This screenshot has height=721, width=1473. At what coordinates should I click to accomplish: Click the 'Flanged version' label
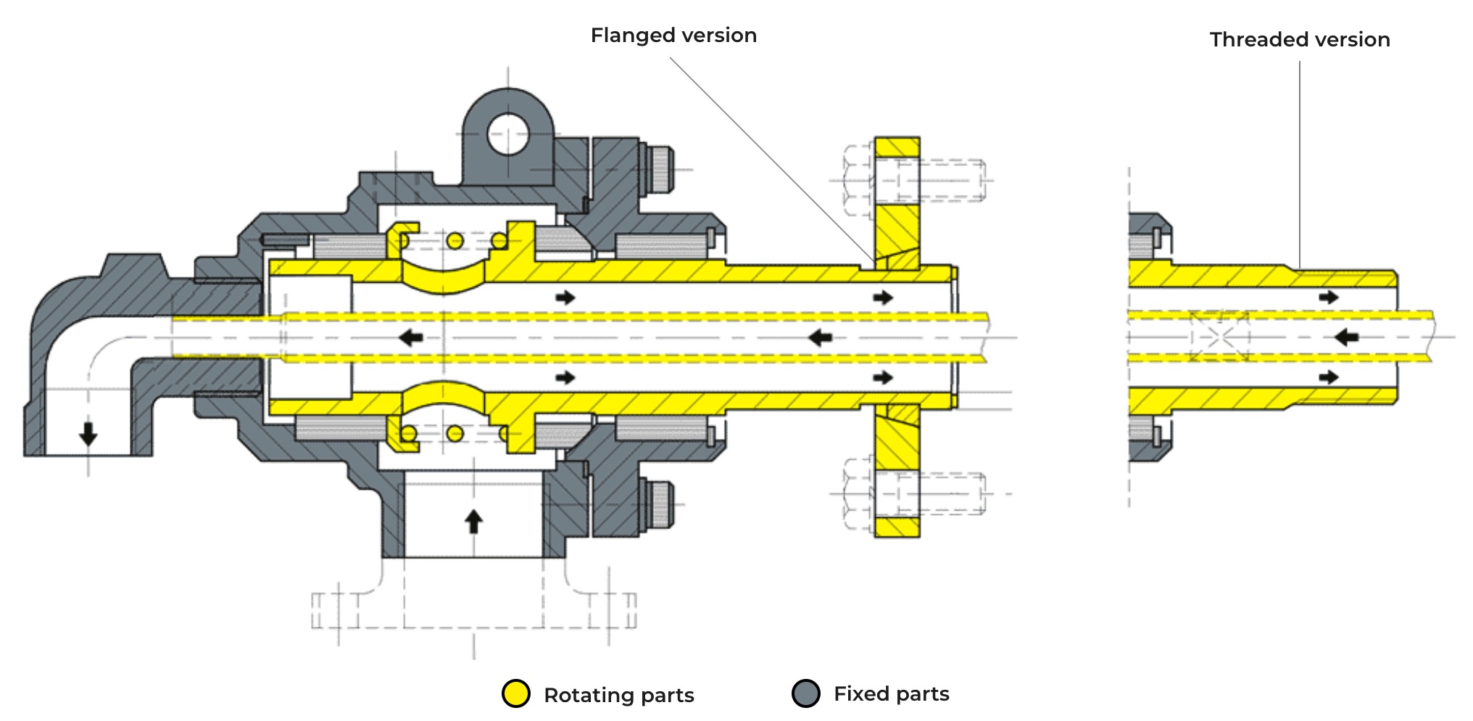673,36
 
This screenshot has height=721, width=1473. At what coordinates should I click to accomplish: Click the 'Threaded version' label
1300,40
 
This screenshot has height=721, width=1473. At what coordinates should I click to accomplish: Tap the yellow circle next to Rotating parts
516,693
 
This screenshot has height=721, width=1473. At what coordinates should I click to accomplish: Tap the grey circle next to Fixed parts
806,693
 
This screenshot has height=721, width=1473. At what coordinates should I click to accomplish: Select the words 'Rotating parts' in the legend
618,695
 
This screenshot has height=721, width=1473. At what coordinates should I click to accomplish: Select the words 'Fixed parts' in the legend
891,694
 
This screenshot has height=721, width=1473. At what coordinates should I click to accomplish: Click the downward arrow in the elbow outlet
88,434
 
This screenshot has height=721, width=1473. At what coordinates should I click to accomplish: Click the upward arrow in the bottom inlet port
473,521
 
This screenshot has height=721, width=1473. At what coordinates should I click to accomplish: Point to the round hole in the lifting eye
508,133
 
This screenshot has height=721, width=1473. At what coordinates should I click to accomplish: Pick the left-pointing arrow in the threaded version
1346,337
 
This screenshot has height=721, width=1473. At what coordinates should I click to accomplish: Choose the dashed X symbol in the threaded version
1219,336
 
